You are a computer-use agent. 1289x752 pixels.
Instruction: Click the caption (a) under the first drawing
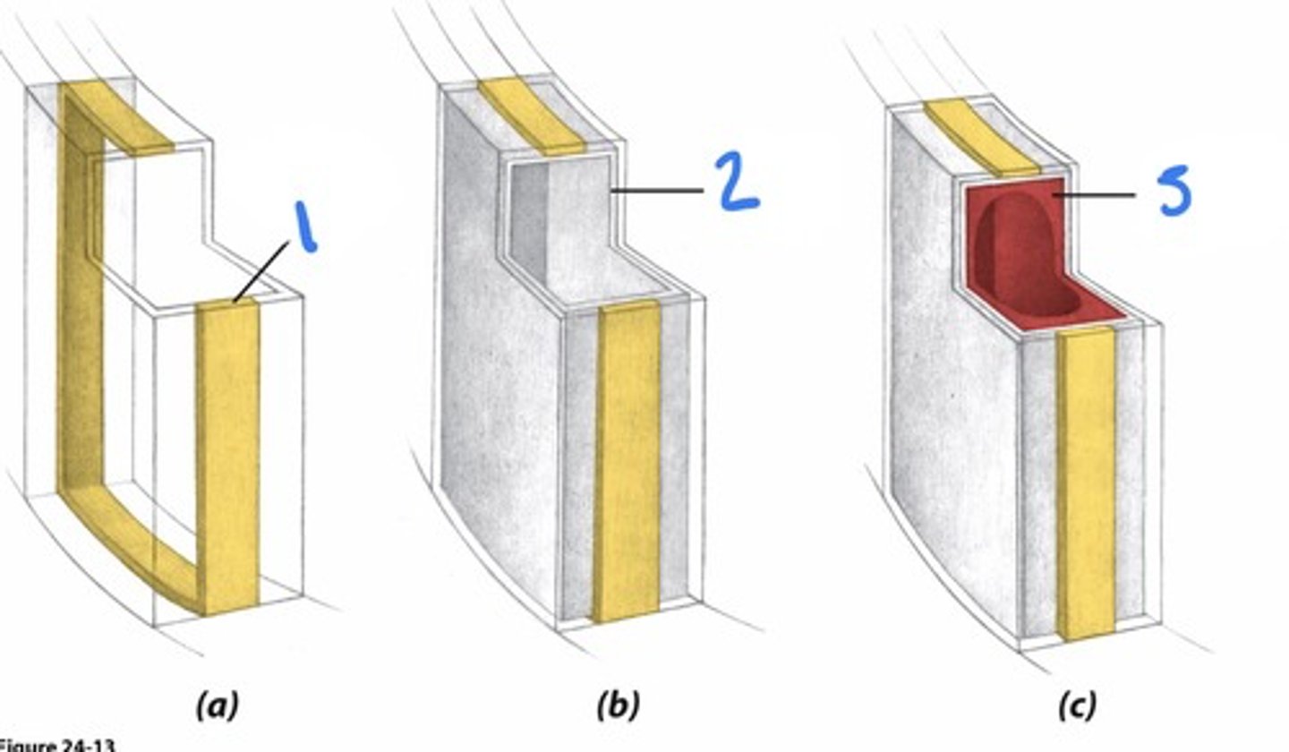pos(217,705)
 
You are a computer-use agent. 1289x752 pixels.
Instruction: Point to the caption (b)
pos(618,705)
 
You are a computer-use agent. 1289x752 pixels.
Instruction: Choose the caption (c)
pos(1075,705)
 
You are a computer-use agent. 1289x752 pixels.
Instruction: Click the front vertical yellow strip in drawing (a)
pos(228,457)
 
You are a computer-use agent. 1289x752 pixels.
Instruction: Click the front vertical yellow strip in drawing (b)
pos(627,466)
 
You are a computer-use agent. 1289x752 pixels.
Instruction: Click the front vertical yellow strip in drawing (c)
pos(1084,483)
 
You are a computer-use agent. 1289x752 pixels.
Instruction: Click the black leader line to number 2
pos(657,191)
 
